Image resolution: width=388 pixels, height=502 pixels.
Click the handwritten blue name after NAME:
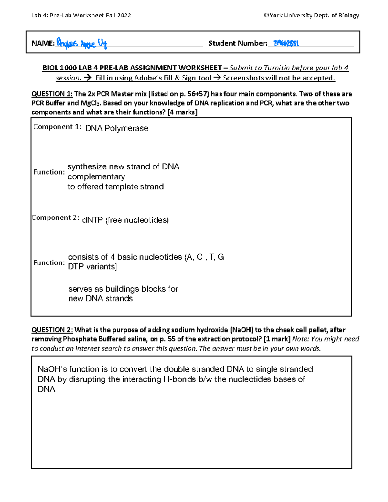click(81, 43)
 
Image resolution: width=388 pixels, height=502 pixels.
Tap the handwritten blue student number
click(286, 43)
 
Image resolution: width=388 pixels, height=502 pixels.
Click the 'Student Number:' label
click(238, 43)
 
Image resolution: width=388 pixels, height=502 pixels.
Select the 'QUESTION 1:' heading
click(52, 94)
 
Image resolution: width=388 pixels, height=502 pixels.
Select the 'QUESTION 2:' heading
click(52, 330)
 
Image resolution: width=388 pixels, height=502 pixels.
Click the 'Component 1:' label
click(57, 127)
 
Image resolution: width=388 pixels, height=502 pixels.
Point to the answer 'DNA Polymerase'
click(116, 128)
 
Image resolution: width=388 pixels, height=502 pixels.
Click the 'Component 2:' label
click(55, 218)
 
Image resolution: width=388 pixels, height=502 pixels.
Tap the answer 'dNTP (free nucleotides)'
click(125, 220)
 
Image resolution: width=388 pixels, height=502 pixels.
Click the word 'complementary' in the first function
click(96, 177)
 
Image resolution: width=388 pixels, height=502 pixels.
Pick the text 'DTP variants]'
click(92, 267)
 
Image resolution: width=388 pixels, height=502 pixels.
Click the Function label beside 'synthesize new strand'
click(49, 172)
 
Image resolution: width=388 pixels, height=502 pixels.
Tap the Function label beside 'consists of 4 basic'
click(49, 263)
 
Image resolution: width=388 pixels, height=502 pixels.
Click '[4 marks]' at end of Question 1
click(182, 112)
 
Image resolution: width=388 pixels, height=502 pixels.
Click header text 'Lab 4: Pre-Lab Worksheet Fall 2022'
click(81, 15)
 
